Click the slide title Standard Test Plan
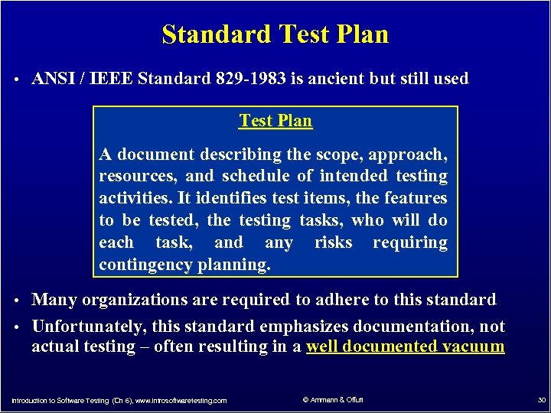[x=275, y=34]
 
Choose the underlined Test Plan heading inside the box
[x=275, y=121]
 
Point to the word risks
[x=333, y=242]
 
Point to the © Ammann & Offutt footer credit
[x=333, y=400]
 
